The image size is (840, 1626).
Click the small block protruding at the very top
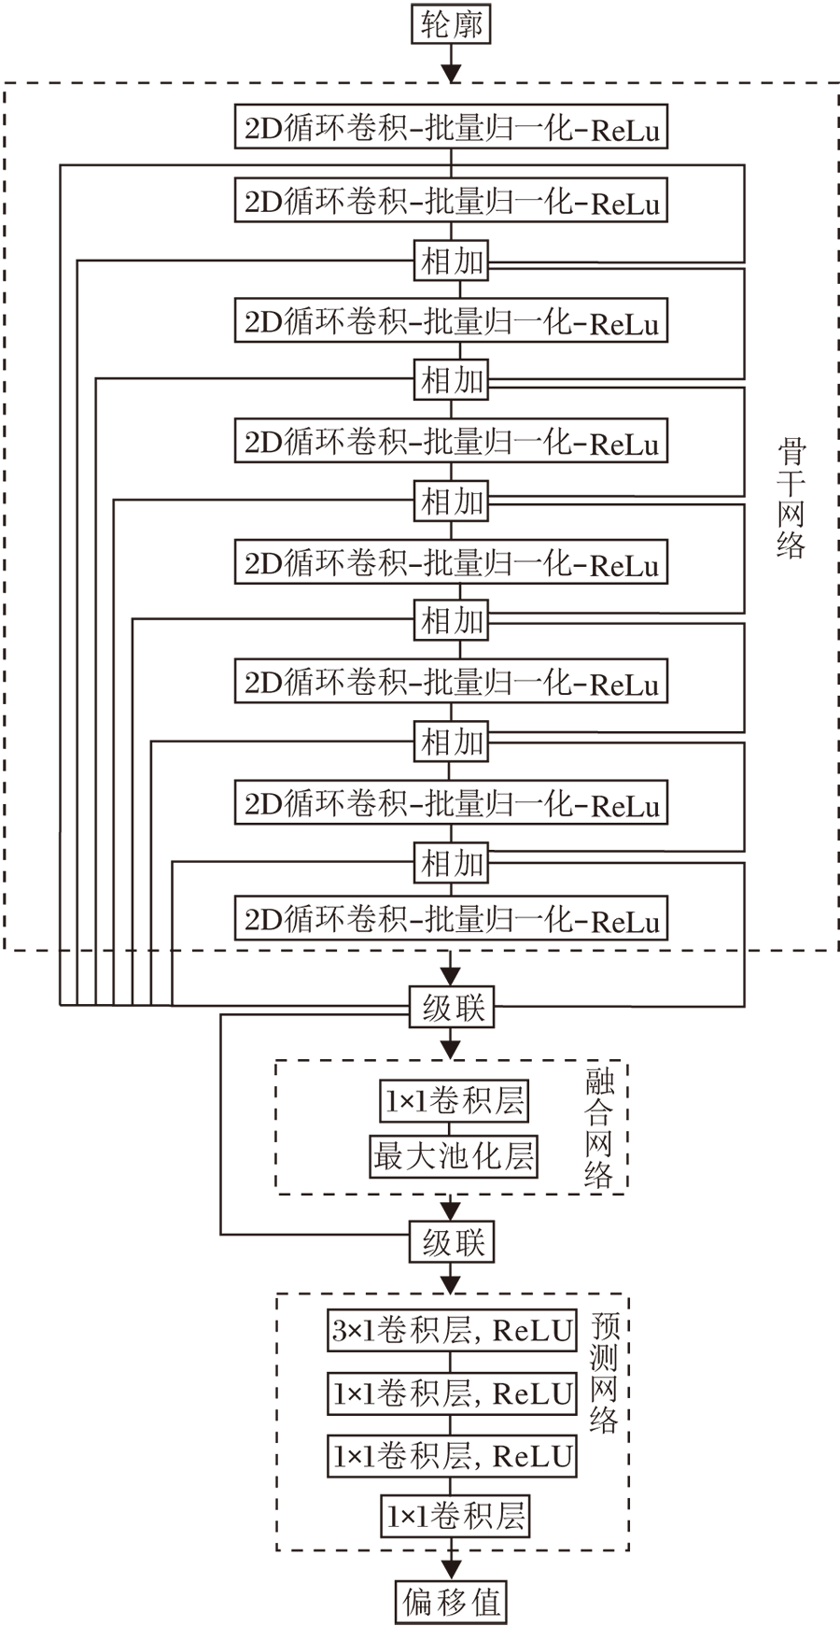(x=514, y=42)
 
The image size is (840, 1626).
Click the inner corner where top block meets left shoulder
(x=344, y=81)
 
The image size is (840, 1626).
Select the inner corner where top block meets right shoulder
(x=686, y=81)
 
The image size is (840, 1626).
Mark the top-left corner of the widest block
(x=4, y=82)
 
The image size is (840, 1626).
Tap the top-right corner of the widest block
(x=838, y=82)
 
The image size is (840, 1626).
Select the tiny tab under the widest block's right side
(x=716, y=1002)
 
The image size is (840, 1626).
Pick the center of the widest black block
(x=421, y=539)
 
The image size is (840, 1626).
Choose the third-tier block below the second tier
(x=453, y=1438)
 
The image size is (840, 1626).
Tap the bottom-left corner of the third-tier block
(x=275, y=1550)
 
